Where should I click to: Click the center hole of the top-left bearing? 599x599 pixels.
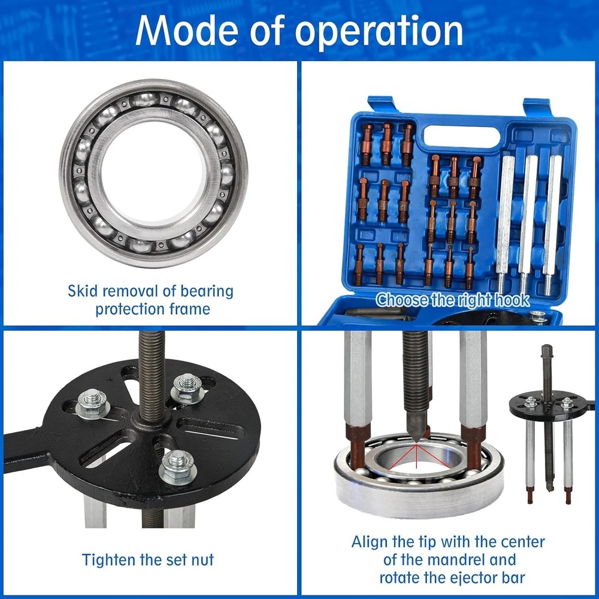[x=153, y=173]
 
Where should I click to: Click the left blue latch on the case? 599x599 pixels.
[x=382, y=104]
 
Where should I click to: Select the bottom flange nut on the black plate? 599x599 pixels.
[x=178, y=467]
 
